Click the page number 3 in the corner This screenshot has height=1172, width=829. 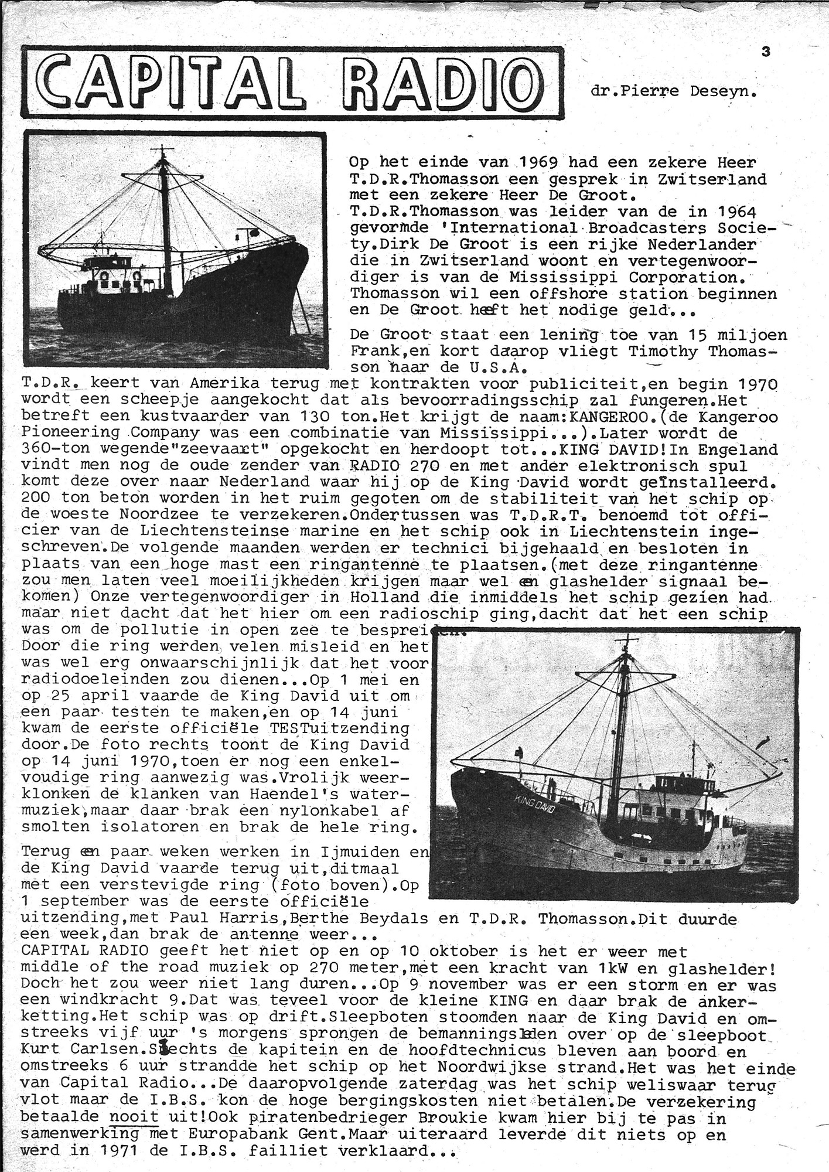pyautogui.click(x=766, y=52)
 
